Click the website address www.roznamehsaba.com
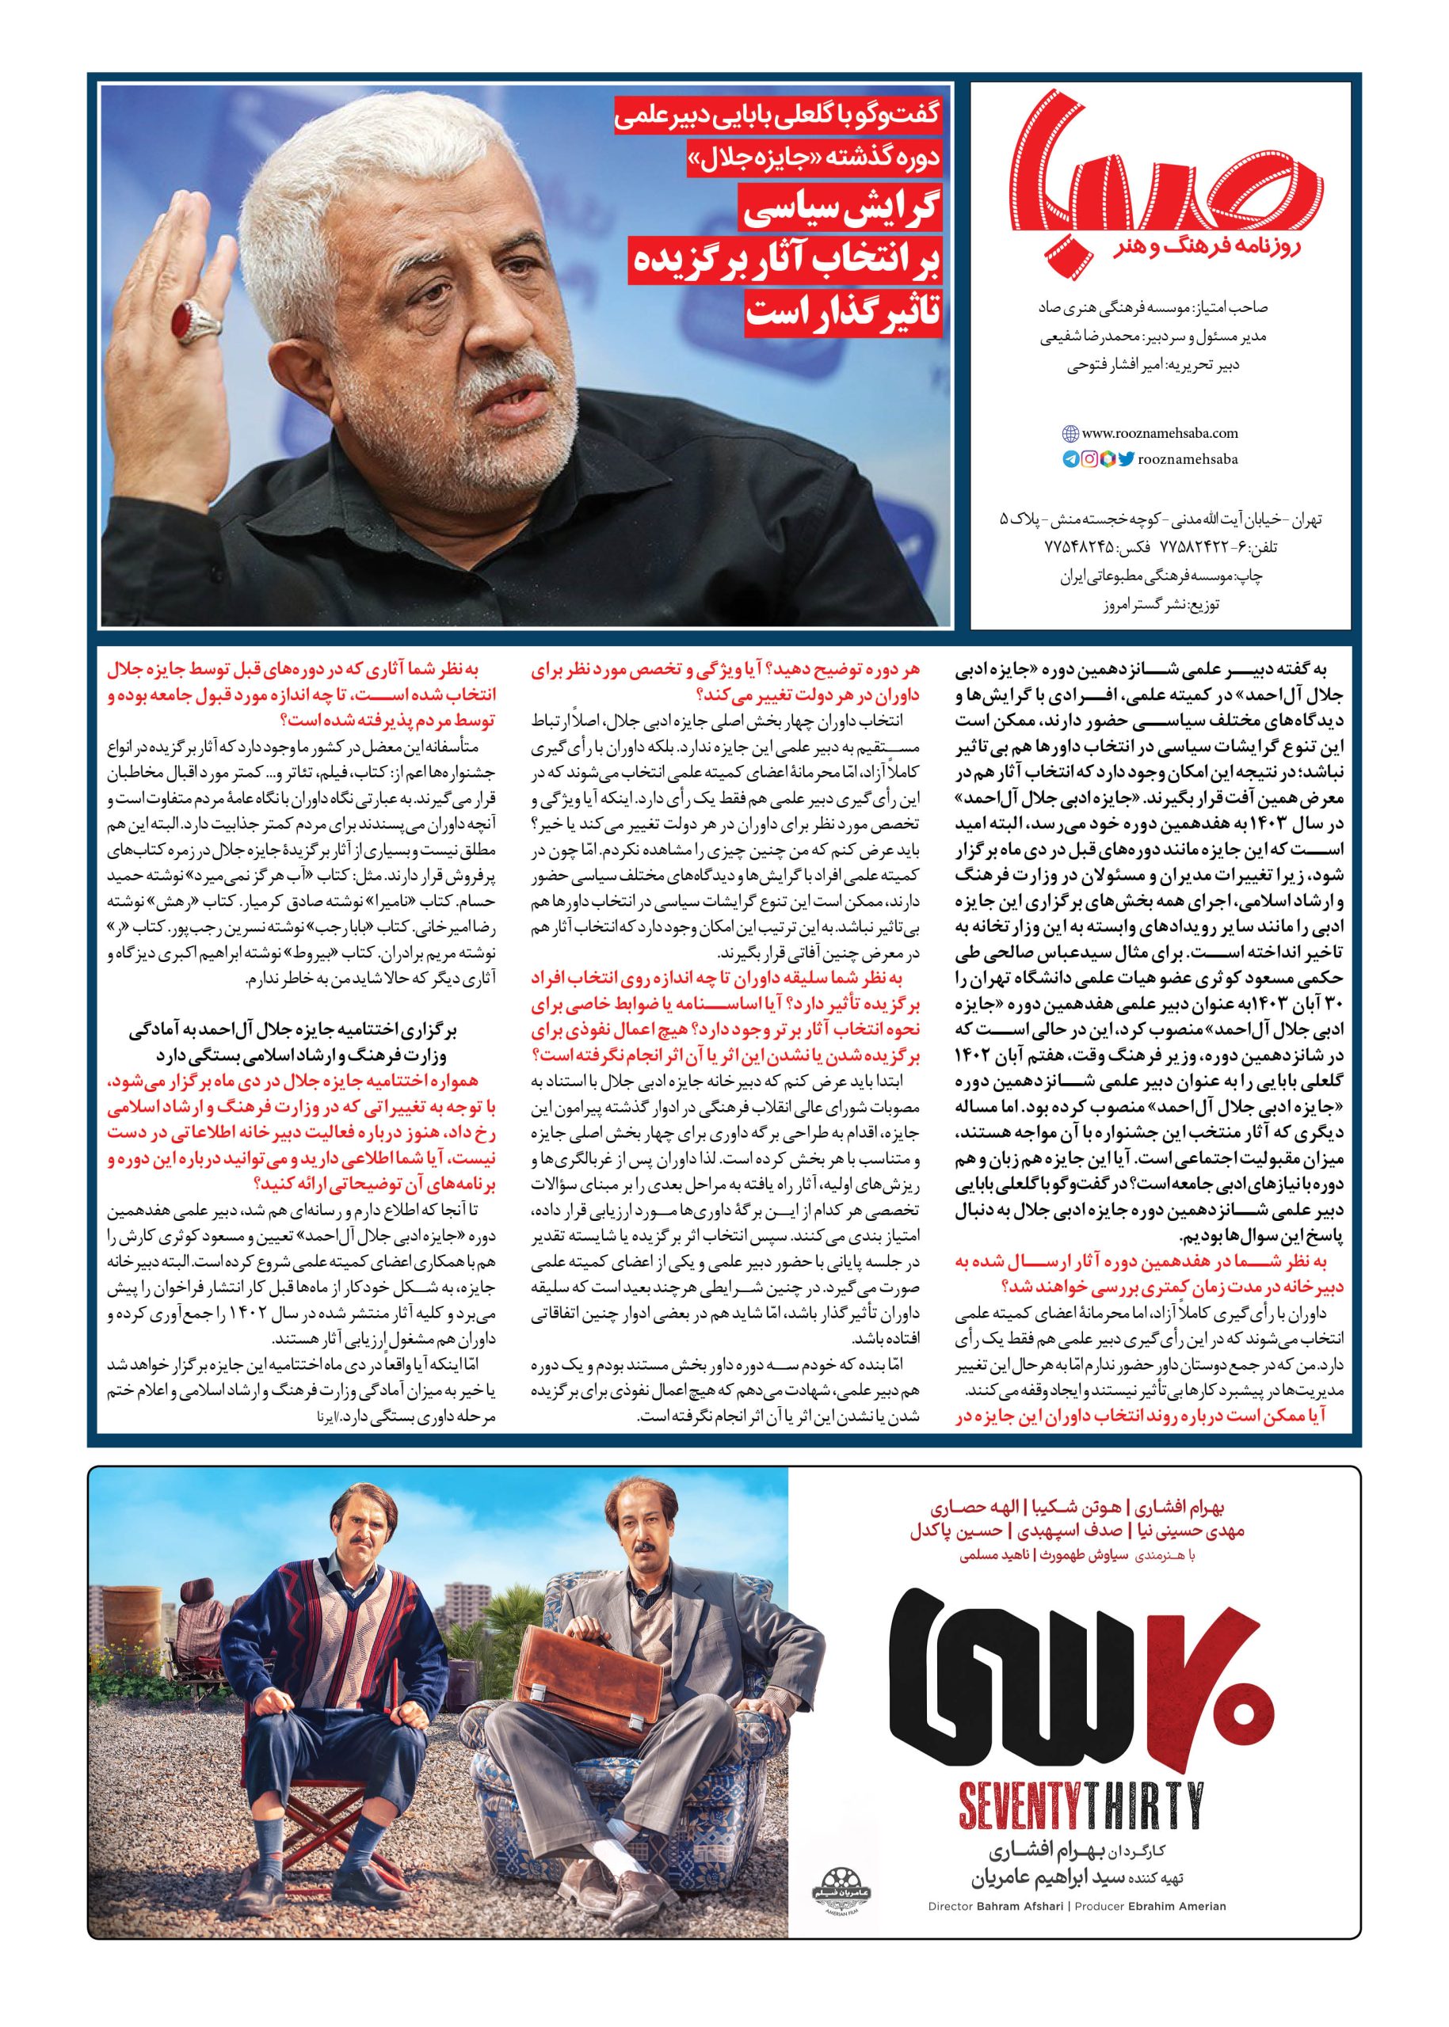pos(1159,433)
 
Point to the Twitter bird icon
pos(1126,460)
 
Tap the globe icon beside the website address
pos(1070,434)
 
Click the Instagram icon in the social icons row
pos(1089,460)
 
